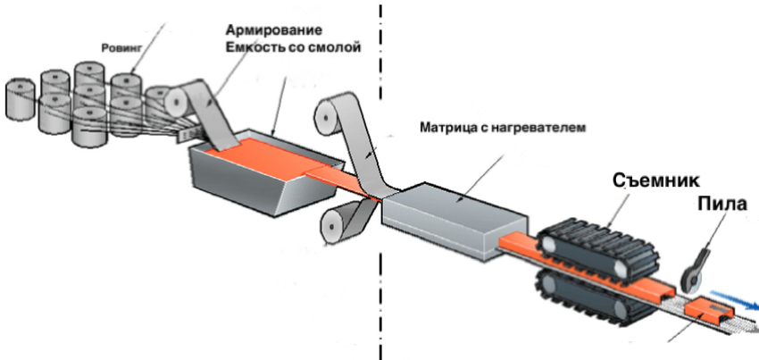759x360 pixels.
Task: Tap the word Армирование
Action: click(x=274, y=30)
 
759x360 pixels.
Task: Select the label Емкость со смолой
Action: click(x=293, y=48)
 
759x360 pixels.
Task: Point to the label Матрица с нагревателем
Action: click(x=503, y=128)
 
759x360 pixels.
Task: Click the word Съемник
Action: click(x=656, y=180)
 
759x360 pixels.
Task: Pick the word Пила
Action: click(x=722, y=204)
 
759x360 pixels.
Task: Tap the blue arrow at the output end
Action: click(x=734, y=298)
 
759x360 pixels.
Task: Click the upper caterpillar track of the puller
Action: click(x=598, y=249)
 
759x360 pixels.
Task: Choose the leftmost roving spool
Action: click(x=21, y=100)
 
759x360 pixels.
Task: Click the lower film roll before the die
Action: click(x=334, y=224)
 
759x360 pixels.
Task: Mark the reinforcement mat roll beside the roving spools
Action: click(x=177, y=102)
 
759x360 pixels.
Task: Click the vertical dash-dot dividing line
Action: click(x=380, y=180)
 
